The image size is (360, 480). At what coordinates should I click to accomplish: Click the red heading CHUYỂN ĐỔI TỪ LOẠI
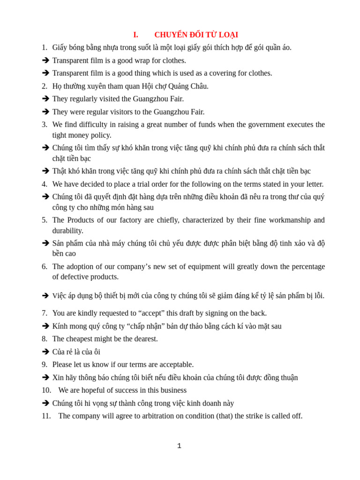pos(196,35)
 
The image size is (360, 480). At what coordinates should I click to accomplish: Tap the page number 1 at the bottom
pos(179,446)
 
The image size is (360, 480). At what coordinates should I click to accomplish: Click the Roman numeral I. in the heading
pos(135,35)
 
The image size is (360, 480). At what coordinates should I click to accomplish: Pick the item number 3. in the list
pos(45,125)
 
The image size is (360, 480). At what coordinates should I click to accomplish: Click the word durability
pos(67,231)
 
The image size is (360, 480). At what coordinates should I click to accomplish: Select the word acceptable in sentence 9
pos(172,365)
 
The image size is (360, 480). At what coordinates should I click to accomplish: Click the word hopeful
pos(95,390)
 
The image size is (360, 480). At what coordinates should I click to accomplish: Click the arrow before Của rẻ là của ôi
pos(45,352)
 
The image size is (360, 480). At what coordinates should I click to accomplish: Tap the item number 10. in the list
pos(46,390)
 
